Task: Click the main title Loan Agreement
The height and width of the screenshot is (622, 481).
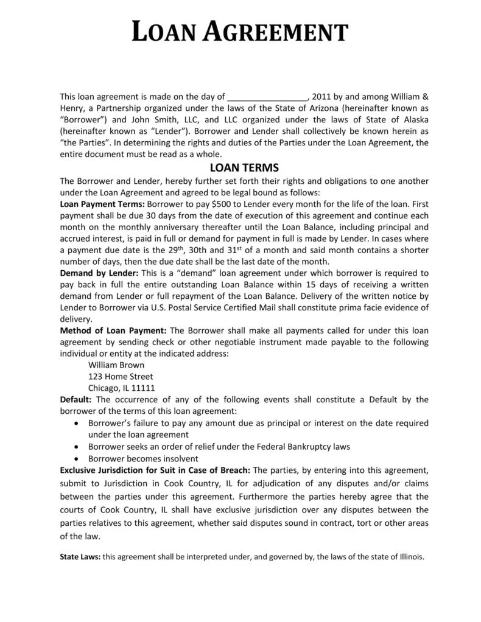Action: pos(240,31)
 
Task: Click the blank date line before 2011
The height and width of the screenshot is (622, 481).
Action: pos(267,96)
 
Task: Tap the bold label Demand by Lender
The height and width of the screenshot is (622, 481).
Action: pos(99,273)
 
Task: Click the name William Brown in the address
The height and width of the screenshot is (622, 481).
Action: pos(116,365)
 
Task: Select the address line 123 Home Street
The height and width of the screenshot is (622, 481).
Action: pos(121,377)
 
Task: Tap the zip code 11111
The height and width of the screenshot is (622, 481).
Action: pos(143,388)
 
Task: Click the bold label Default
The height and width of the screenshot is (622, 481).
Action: pos(75,400)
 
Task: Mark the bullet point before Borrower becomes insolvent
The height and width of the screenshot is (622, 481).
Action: pos(75,458)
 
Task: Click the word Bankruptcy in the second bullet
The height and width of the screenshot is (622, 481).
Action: pos(308,446)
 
